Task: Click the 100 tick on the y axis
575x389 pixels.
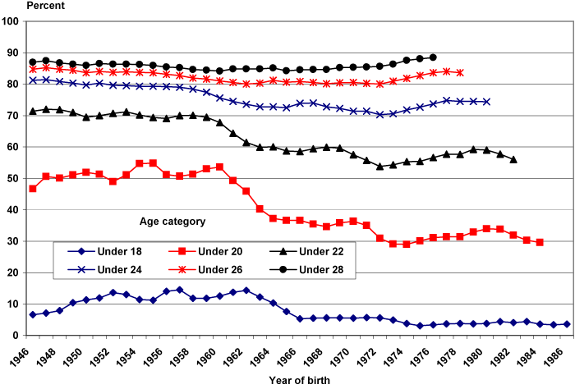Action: point(11,22)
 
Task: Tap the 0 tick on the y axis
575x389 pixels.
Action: point(18,336)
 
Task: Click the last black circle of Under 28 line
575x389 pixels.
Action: point(433,57)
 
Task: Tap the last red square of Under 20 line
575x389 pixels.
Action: point(540,242)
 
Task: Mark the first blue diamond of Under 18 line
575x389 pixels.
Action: point(33,314)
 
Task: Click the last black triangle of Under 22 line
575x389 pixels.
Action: point(513,159)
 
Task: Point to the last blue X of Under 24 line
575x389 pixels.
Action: point(486,102)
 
